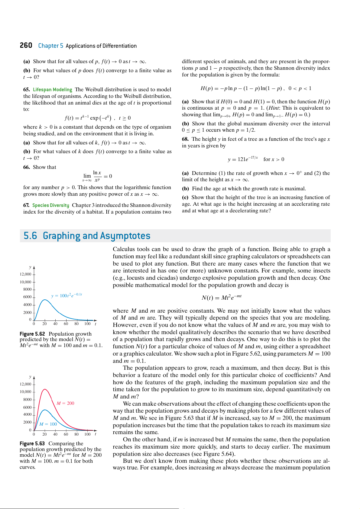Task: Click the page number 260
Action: [x=26, y=45]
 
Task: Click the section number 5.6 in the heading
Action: [x=30, y=236]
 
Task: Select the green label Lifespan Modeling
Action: [x=52, y=89]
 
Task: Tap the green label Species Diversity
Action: [x=50, y=205]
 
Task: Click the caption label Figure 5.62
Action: [x=32, y=334]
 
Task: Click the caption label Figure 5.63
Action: [x=32, y=443]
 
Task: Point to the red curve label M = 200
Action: [x=65, y=403]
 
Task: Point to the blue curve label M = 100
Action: [x=48, y=424]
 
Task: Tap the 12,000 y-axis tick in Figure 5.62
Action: [x=25, y=274]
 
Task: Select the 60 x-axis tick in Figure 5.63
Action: [x=66, y=434]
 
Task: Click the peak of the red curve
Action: [x=45, y=389]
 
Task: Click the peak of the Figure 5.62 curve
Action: [x=45, y=300]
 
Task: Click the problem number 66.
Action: [x=26, y=167]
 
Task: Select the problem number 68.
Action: [x=185, y=139]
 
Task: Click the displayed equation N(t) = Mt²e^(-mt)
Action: [x=222, y=298]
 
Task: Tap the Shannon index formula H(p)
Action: [x=256, y=88]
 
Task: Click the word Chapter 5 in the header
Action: [x=50, y=46]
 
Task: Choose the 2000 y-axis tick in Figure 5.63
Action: [x=27, y=422]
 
